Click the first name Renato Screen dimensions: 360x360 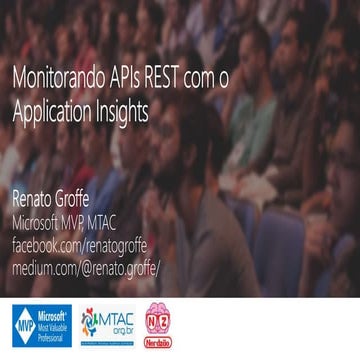click(35, 197)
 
